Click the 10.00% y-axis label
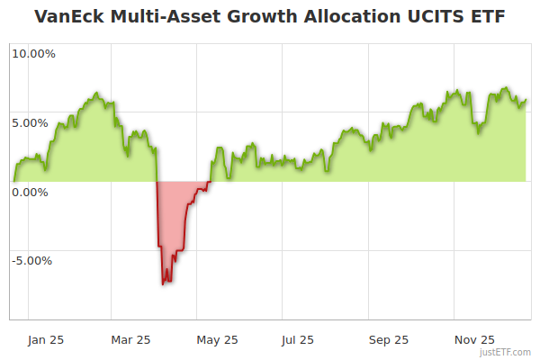point(34,53)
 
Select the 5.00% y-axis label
point(34,122)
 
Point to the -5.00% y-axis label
point(34,261)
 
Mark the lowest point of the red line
point(163,284)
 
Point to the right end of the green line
point(526,101)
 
